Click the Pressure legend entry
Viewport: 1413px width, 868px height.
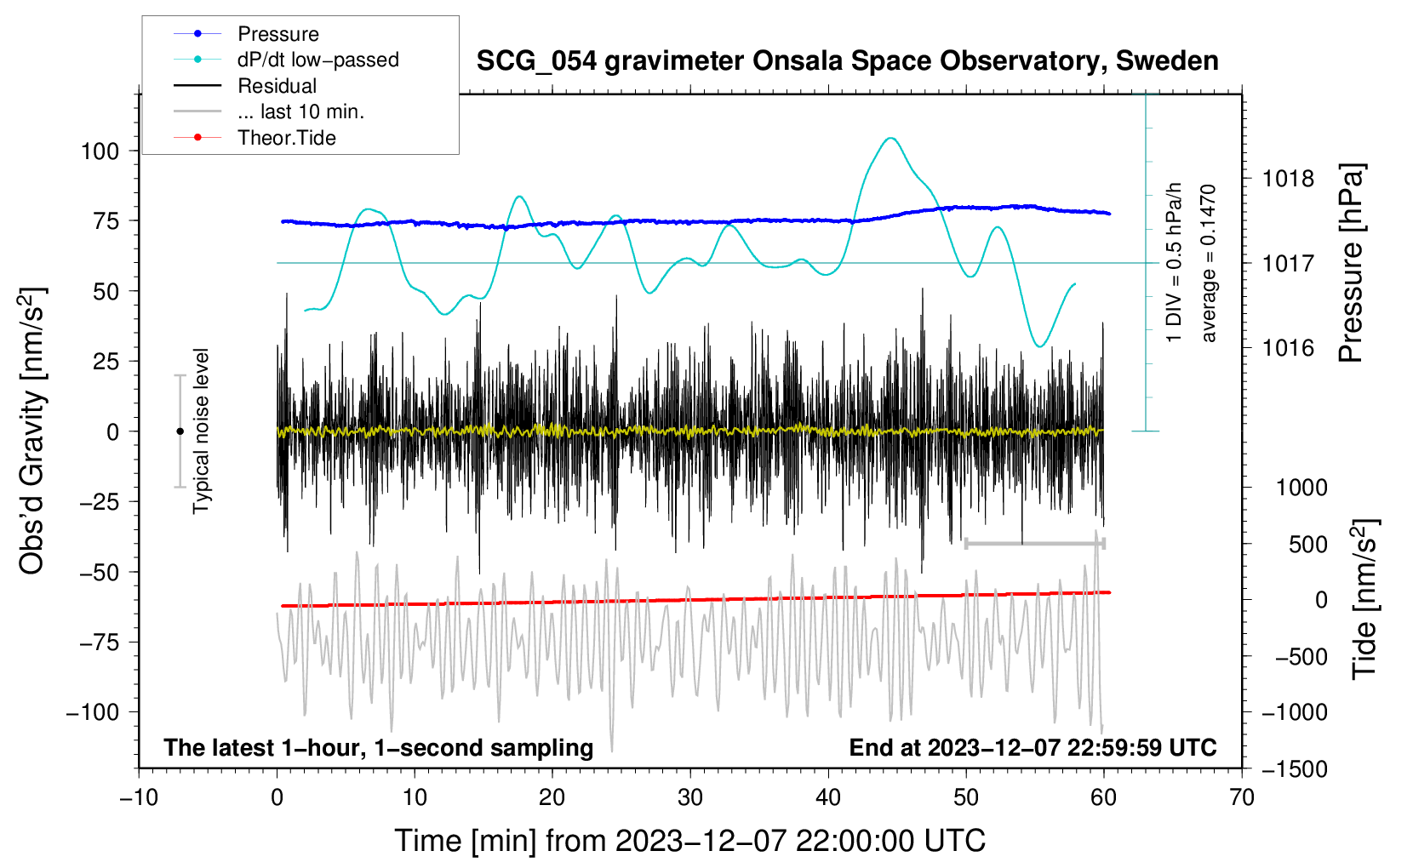click(x=277, y=34)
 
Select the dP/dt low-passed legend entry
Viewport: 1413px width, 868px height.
click(x=317, y=60)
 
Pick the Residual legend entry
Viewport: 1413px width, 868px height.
click(x=277, y=86)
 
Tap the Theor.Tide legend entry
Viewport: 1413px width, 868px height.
click(x=286, y=138)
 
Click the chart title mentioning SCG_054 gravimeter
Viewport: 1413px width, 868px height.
click(x=847, y=61)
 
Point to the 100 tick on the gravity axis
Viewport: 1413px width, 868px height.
click(x=100, y=151)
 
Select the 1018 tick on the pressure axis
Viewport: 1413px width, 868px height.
click(x=1288, y=179)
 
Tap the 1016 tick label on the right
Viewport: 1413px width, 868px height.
click(x=1288, y=348)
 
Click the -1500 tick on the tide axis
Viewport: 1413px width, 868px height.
click(x=1294, y=769)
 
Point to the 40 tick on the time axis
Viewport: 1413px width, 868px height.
click(x=828, y=797)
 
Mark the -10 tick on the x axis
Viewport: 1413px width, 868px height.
click(x=139, y=797)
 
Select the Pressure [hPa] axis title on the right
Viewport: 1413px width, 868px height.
click(x=1351, y=264)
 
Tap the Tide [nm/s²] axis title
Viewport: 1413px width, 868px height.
click(x=1364, y=599)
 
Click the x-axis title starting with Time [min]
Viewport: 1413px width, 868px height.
click(x=689, y=841)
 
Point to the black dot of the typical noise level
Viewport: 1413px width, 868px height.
click(x=180, y=431)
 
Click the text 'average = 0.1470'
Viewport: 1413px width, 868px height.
click(x=1209, y=263)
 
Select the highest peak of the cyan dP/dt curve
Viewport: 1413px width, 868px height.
click(x=890, y=138)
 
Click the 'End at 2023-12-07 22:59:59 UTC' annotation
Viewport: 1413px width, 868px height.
click(x=1033, y=747)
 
